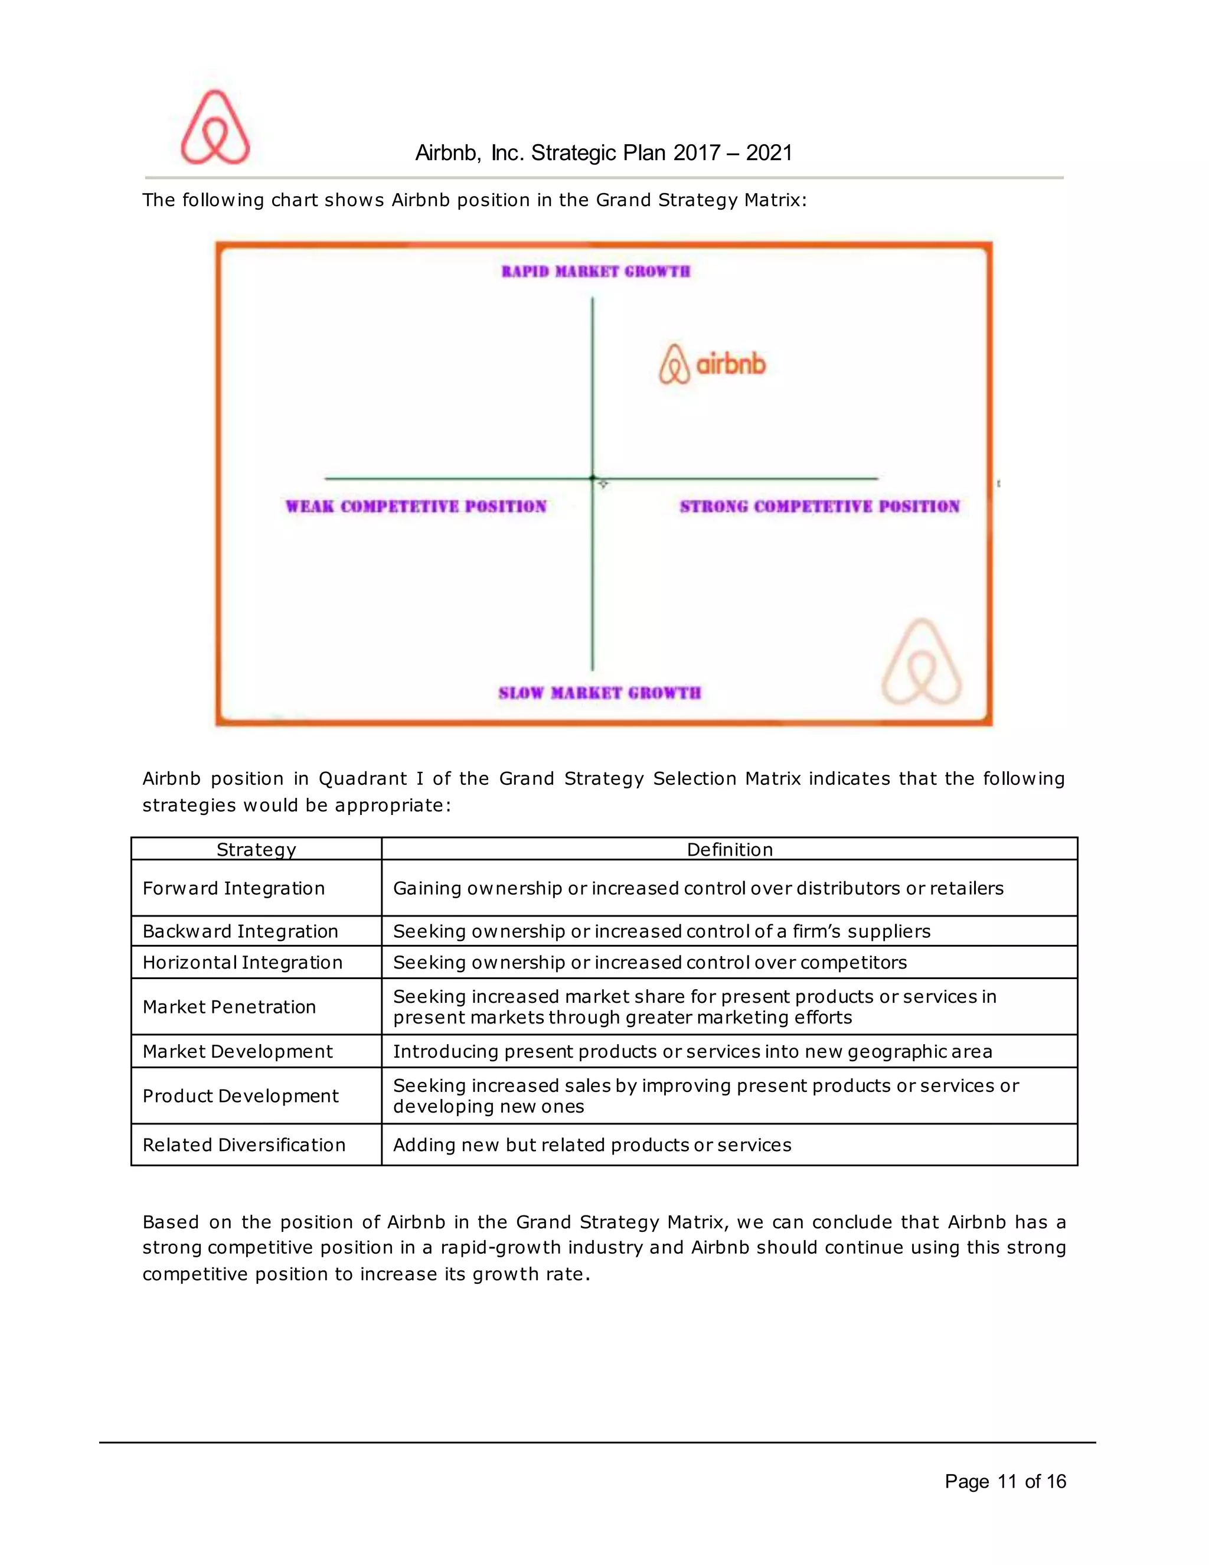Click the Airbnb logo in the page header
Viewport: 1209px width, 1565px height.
pos(215,127)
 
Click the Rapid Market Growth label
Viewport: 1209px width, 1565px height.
pos(595,272)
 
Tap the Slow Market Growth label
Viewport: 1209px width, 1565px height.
pos(600,693)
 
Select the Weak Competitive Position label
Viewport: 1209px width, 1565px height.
pos(416,507)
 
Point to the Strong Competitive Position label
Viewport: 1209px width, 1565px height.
pos(819,507)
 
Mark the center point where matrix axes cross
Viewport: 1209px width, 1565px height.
pos(592,478)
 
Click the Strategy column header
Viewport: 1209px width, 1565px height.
pos(256,850)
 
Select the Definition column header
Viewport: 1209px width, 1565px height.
pos(729,850)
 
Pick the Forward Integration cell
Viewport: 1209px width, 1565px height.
pos(234,889)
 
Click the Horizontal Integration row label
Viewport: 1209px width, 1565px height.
pos(242,963)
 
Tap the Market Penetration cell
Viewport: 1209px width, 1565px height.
pos(229,1007)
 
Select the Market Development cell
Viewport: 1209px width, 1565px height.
pos(237,1051)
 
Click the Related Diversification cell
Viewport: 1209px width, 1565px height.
pos(244,1145)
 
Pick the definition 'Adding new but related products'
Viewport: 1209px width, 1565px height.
pos(592,1145)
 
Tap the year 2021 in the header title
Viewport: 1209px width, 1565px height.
pos(769,152)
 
